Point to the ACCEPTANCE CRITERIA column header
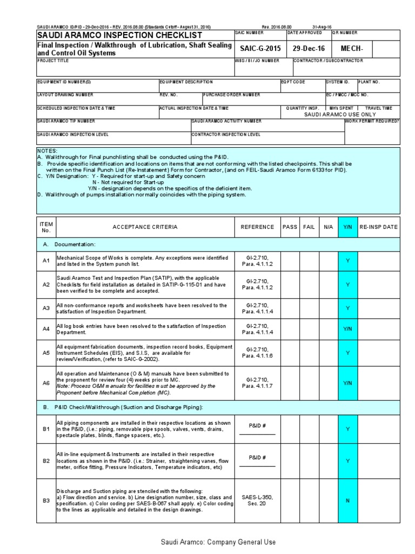[x=144, y=227]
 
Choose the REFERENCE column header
[x=257, y=227]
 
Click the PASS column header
[x=290, y=227]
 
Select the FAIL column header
[x=309, y=227]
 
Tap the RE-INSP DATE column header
[x=378, y=227]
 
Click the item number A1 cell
[x=46, y=261]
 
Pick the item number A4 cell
[x=46, y=329]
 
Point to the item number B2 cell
[x=46, y=461]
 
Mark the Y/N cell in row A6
[x=347, y=383]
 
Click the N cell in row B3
[x=347, y=500]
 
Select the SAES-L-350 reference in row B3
[x=257, y=497]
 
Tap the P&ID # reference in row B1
[x=257, y=426]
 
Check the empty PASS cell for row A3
[x=290, y=308]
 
